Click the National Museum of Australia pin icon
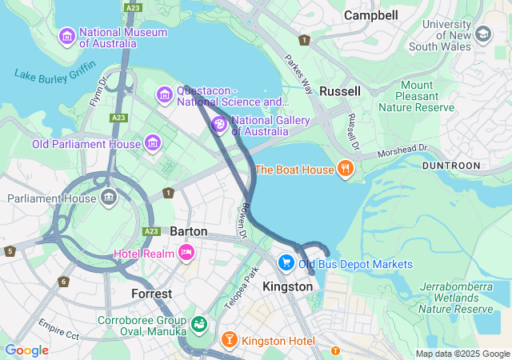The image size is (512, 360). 67,37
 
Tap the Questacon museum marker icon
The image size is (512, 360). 165,96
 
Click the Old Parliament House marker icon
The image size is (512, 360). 153,144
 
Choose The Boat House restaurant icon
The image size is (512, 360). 346,169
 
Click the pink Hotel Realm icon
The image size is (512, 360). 186,253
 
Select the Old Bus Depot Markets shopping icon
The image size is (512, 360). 286,263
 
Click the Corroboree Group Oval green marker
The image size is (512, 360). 198,324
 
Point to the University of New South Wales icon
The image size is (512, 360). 482,34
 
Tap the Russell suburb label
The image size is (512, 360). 340,91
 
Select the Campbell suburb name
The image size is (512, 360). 370,15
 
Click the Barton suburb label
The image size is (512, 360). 189,231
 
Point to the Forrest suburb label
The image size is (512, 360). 152,294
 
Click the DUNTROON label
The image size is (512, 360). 452,166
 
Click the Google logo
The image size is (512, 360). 26,350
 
